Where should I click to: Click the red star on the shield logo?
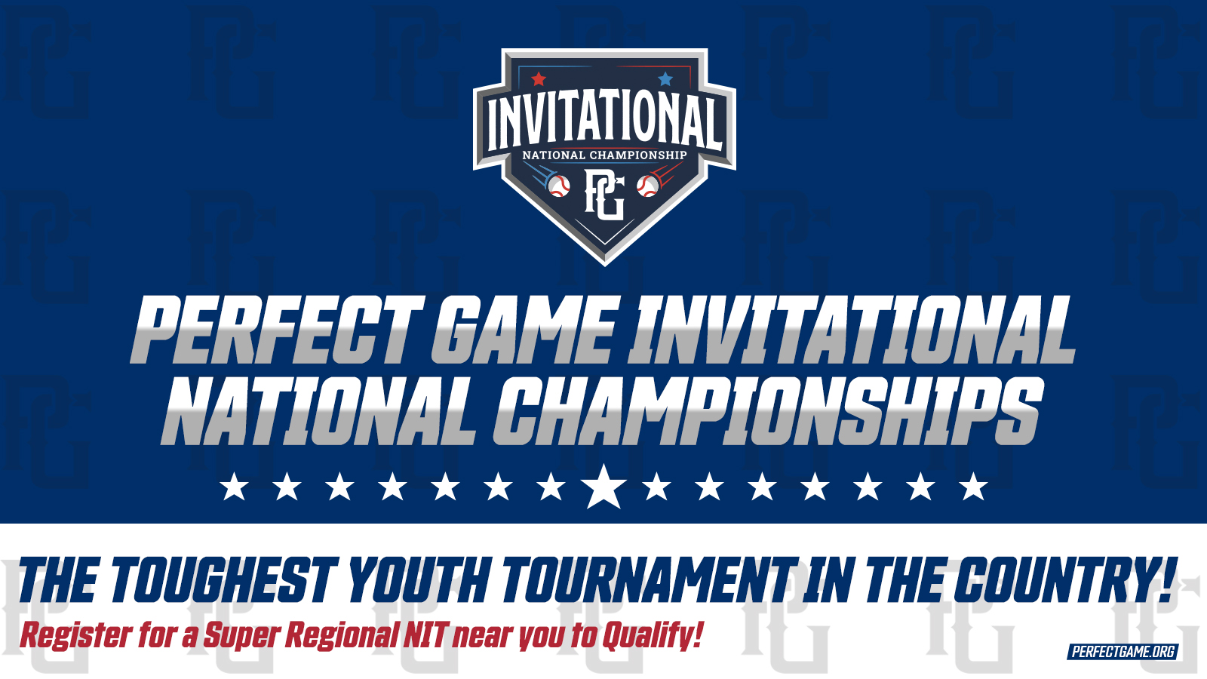pos(539,79)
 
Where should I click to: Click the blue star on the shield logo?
pos(665,79)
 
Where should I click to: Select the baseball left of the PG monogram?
pos(559,186)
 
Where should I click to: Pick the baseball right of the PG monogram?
pos(647,186)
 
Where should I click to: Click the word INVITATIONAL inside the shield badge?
pos(604,123)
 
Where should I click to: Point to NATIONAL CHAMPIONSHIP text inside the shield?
pos(604,155)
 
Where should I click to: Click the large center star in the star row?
pos(603,487)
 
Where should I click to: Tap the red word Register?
pos(76,636)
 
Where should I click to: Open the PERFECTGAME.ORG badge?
pos(1123,652)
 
